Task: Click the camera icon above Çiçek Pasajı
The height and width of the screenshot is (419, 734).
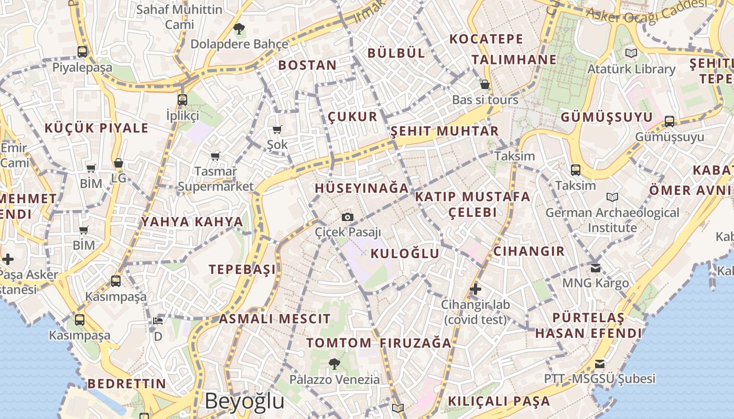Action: pos(347,217)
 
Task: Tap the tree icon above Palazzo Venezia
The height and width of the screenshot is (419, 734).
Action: pos(334,363)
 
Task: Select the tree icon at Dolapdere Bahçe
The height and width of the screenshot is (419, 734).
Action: pos(239,29)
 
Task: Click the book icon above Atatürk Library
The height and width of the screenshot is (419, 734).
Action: pos(631,53)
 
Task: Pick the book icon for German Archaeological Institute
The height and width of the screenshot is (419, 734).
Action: pos(612,197)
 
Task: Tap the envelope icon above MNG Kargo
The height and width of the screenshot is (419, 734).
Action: pos(596,268)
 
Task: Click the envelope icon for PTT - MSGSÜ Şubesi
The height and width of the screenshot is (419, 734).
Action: pos(600,363)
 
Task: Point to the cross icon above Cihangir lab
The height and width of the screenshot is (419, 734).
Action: pos(476,289)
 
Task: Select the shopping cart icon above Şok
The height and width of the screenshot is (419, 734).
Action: pos(277,129)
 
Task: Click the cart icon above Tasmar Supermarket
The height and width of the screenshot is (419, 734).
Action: pos(215,156)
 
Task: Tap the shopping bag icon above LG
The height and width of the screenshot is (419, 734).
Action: pos(118,163)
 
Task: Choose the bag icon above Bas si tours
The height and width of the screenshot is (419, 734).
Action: pos(485,84)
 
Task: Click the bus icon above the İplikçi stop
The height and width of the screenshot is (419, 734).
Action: pos(182,100)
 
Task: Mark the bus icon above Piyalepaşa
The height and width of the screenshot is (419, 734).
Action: pos(82,52)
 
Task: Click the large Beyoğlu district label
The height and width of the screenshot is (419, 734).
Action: pos(244,401)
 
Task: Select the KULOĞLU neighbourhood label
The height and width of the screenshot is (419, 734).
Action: pos(405,253)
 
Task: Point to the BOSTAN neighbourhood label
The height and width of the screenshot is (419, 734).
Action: pos(307,65)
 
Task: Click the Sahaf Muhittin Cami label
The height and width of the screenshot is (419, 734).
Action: pos(179,17)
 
